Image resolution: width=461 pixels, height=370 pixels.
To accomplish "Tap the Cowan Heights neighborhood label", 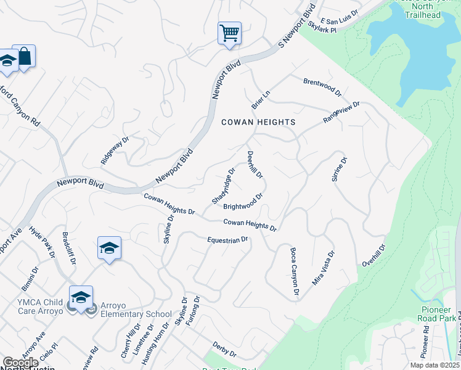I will [x=258, y=122].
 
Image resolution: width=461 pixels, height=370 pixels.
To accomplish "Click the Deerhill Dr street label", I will [x=255, y=165].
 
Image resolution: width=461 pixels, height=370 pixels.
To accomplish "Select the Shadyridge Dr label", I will [x=224, y=186].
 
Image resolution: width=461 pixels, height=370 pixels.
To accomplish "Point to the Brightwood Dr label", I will [x=243, y=202].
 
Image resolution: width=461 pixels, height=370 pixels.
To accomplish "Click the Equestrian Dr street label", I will [x=227, y=239].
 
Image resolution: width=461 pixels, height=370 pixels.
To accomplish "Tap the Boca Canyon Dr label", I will [x=295, y=271].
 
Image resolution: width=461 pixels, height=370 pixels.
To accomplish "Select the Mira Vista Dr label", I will [x=324, y=268].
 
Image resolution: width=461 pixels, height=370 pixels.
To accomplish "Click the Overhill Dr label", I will [x=374, y=255].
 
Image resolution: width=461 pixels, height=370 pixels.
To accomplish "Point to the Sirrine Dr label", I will [x=340, y=169].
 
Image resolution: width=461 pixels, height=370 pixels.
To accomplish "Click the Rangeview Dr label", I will [x=341, y=113].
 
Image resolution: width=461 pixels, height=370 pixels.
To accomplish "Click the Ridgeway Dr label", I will [x=115, y=150].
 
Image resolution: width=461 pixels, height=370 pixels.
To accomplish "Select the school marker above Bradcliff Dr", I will [x=109, y=248].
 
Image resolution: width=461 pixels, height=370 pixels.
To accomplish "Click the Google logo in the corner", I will [x=20, y=363].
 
